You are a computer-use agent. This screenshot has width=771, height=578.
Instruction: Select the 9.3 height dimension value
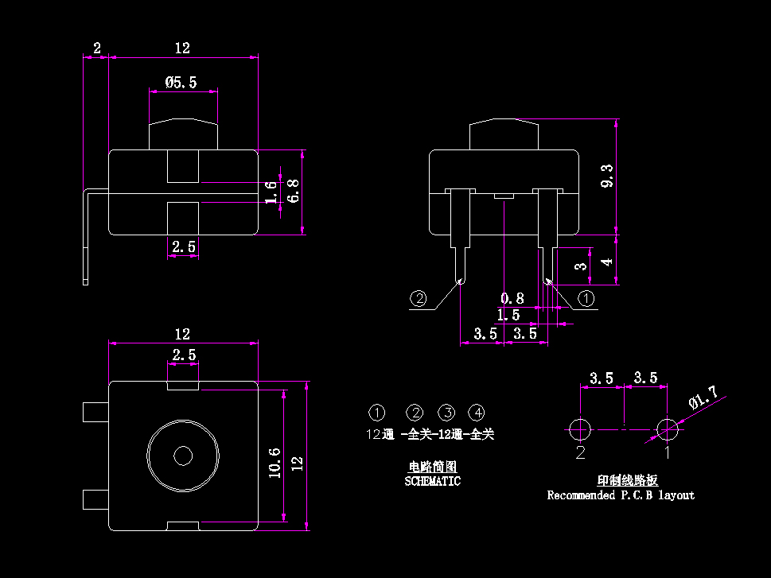pos(607,177)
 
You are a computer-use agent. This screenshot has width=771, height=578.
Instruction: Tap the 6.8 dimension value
pos(294,191)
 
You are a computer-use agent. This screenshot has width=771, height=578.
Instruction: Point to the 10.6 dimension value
pos(275,462)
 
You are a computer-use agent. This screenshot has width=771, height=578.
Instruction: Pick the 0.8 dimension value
pos(512,299)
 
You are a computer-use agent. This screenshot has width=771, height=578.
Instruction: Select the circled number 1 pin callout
pos(586,299)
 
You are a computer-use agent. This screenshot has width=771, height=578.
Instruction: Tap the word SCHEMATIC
pos(432,481)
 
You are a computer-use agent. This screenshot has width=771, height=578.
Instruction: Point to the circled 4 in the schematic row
pos(476,413)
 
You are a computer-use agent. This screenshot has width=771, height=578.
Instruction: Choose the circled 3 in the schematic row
pos(448,413)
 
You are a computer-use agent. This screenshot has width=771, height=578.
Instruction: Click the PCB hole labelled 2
pos(580,429)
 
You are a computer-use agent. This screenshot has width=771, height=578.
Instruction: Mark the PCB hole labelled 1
pos(667,429)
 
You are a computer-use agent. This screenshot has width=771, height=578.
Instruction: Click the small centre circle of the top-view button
pos(183,456)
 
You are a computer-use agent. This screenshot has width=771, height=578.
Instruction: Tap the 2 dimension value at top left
pos(96,48)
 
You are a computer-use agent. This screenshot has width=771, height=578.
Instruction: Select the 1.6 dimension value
pos(271,192)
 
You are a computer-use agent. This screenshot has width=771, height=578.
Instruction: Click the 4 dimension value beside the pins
pos(607,261)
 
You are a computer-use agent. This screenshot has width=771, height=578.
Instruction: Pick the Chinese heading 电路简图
pos(432,467)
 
